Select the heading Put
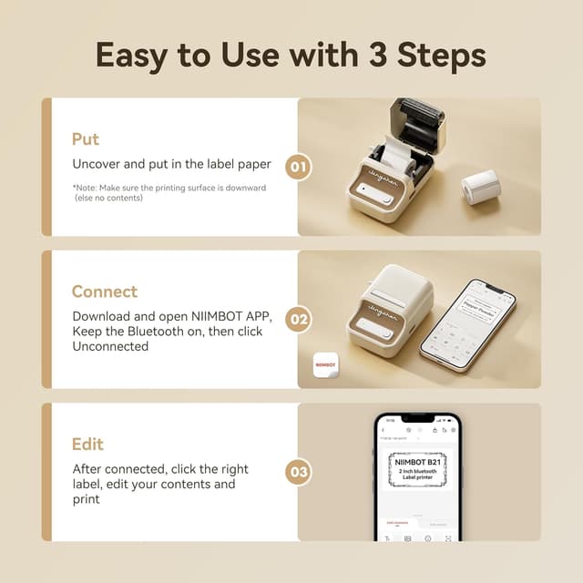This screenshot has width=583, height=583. coord(86,139)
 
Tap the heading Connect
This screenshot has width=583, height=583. coord(105,291)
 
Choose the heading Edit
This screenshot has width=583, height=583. coord(87,445)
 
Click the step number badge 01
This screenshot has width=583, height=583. coord(298,167)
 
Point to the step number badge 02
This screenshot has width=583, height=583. coord(298,320)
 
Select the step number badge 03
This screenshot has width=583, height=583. coord(298,472)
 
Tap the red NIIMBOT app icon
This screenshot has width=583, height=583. coord(326,363)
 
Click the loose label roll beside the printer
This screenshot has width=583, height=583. coord(480,187)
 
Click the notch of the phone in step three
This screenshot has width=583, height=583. coord(417,418)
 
